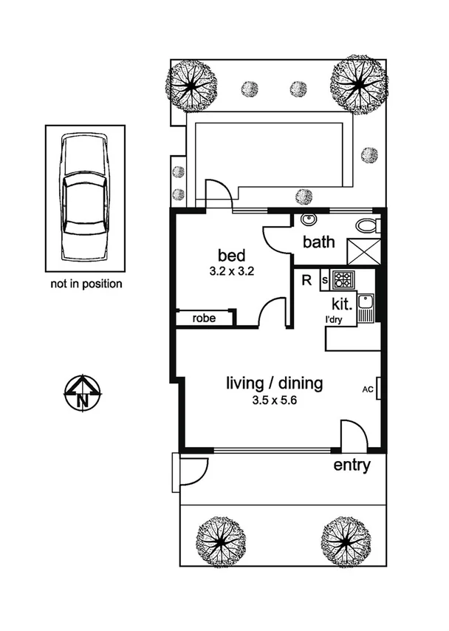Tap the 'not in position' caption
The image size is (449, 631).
(86, 283)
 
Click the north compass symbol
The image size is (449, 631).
(83, 392)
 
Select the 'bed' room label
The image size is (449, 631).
(231, 256)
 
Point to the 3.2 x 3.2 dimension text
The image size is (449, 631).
(231, 270)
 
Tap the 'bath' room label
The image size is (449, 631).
(319, 242)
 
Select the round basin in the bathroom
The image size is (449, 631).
(309, 219)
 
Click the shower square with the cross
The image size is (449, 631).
(364, 251)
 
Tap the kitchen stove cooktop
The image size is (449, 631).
(343, 280)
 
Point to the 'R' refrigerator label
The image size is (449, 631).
(306, 279)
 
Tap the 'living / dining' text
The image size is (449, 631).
(274, 383)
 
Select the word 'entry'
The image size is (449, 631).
(352, 465)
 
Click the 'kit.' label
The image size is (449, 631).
(340, 303)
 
